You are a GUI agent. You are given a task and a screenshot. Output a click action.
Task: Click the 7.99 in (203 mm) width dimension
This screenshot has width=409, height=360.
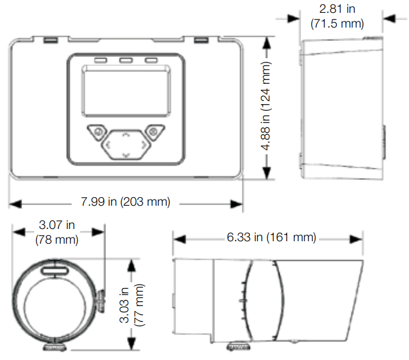126,202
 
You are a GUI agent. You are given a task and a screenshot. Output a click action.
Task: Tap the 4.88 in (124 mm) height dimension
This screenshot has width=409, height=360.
266,106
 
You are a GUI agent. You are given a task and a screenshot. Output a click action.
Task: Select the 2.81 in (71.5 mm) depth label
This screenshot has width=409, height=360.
337,16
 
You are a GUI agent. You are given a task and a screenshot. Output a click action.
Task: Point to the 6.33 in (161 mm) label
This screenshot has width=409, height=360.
271,238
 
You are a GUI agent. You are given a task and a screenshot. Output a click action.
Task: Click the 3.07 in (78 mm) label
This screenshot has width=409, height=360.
57,232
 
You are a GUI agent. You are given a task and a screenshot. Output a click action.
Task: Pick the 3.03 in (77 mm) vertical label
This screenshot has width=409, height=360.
132,305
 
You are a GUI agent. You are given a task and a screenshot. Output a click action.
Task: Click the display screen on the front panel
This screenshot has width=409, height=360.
126,91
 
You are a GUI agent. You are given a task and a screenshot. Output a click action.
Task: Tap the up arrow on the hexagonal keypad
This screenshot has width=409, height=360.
126,135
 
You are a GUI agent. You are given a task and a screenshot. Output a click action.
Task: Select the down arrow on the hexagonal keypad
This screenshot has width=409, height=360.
126,156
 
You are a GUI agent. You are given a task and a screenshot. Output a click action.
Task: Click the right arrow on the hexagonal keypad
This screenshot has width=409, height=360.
144,144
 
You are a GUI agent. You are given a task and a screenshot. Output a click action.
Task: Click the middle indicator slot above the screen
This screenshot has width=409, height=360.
126,60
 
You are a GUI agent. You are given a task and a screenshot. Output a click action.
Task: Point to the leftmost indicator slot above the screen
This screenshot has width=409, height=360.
100,60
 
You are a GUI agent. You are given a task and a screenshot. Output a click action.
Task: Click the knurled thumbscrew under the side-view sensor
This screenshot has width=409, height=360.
238,347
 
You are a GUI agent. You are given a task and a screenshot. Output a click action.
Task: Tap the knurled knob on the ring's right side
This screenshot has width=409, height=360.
102,301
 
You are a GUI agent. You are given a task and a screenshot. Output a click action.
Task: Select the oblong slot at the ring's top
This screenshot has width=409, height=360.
54,270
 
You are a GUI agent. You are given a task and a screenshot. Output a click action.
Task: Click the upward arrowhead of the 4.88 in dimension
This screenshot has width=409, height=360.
266,43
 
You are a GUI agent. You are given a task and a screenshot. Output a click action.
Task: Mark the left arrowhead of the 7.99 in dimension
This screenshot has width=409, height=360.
15,204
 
